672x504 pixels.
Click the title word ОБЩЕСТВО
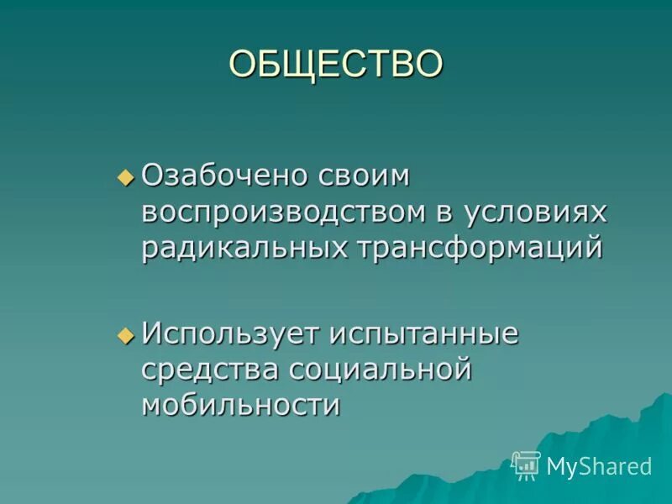coord(336,64)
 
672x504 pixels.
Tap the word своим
coord(366,176)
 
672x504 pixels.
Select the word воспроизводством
coord(283,213)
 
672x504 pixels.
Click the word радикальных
coord(244,249)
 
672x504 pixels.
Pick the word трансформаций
coord(479,249)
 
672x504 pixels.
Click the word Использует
coord(230,333)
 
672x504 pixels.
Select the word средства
coord(210,370)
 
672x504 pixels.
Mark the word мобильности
coord(241,405)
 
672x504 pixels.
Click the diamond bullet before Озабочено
coord(126,177)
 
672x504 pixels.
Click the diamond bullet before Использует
coord(126,334)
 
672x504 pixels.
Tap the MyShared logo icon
coord(526,465)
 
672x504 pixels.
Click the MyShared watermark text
coord(598,466)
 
